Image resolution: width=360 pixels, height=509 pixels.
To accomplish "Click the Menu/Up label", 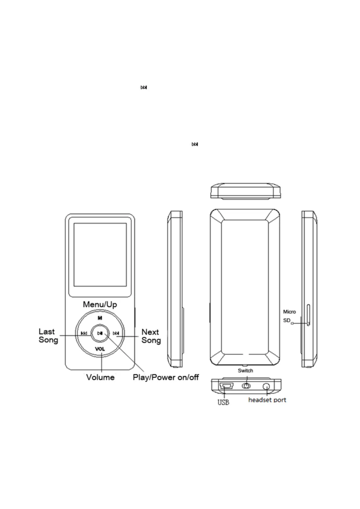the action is (x=100, y=304).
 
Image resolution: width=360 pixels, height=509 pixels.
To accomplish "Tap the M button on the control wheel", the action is (x=100, y=318).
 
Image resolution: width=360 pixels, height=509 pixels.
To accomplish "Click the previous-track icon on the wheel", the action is (x=84, y=333).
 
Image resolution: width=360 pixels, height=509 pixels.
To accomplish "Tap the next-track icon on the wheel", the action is (x=116, y=333).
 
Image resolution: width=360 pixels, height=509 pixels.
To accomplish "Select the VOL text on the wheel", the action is (x=100, y=349).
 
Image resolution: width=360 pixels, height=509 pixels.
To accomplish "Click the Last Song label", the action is (x=48, y=336).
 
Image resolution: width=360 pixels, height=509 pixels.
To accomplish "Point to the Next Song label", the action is (x=151, y=336).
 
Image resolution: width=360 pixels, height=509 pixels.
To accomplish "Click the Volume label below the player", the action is (x=100, y=377).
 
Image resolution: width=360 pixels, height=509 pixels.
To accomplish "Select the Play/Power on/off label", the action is (x=166, y=377).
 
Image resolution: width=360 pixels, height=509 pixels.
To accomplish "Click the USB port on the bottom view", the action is (x=226, y=386).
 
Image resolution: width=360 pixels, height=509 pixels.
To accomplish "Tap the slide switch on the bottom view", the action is (x=246, y=386).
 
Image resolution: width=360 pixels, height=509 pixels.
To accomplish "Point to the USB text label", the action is (x=223, y=402).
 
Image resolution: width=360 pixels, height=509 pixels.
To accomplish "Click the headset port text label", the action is (x=267, y=400).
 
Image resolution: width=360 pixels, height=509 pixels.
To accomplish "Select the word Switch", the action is (x=245, y=371).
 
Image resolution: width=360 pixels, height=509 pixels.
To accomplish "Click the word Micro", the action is (x=289, y=312).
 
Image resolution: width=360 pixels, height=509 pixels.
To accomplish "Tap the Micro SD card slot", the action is (x=308, y=315).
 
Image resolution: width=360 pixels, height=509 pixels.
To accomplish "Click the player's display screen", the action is (x=100, y=255).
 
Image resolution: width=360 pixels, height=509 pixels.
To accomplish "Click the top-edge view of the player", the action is (x=245, y=191).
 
